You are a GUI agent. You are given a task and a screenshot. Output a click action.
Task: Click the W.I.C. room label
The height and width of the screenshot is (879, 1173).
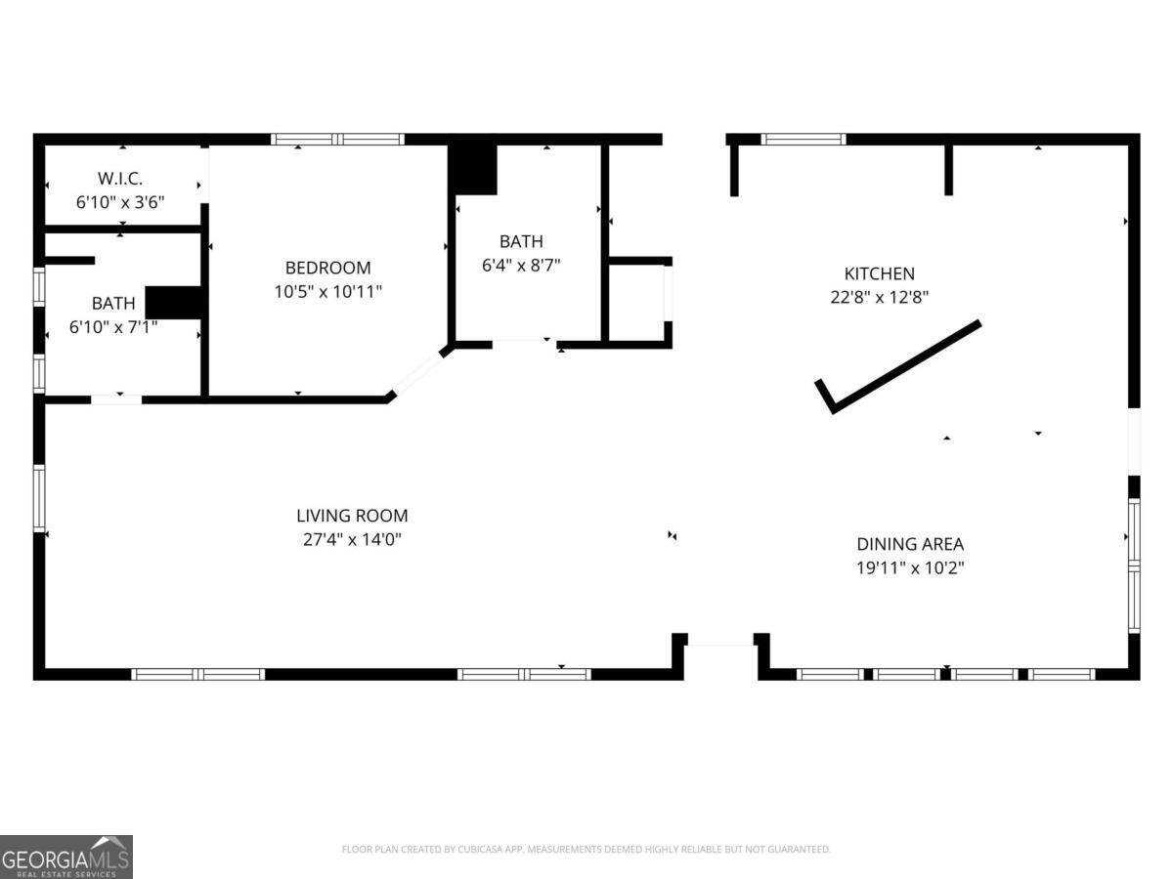[119, 179]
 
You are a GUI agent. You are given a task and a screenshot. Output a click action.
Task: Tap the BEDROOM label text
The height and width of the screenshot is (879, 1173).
[327, 268]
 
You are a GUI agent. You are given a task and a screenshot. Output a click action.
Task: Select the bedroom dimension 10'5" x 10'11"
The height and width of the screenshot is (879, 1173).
[328, 291]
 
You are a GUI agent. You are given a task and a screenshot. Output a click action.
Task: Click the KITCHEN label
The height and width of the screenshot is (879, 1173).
[879, 273]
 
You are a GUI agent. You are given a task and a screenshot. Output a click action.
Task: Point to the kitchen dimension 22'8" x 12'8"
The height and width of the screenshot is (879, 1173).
[879, 297]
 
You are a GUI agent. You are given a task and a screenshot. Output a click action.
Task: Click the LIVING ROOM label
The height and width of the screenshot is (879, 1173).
[352, 516]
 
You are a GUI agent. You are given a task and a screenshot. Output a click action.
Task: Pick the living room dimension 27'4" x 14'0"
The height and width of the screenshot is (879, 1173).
[352, 539]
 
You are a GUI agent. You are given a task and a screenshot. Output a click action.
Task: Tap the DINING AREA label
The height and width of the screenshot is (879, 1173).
[910, 544]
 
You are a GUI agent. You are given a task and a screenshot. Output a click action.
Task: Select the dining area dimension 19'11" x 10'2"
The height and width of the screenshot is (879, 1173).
[910, 567]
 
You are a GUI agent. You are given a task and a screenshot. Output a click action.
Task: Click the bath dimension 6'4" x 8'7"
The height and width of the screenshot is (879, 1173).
[521, 266]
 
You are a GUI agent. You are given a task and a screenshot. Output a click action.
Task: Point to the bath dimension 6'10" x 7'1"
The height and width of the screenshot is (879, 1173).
[113, 326]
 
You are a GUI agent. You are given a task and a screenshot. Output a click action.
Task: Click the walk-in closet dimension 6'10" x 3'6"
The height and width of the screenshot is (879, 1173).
[119, 202]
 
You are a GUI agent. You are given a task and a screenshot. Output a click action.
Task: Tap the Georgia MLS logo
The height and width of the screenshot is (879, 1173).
[66, 858]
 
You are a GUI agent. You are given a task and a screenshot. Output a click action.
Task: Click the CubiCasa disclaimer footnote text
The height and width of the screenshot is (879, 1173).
[586, 849]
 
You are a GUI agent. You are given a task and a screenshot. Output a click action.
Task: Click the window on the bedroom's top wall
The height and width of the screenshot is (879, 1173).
[337, 140]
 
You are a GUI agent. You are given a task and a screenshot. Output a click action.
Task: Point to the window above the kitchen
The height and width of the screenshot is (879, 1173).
[804, 140]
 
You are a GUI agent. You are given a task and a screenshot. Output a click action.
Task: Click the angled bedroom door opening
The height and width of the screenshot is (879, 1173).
[418, 374]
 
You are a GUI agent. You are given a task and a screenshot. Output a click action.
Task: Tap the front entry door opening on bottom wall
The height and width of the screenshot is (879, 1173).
[720, 646]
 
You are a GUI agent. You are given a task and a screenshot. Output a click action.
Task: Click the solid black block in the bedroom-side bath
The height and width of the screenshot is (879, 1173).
[174, 303]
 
